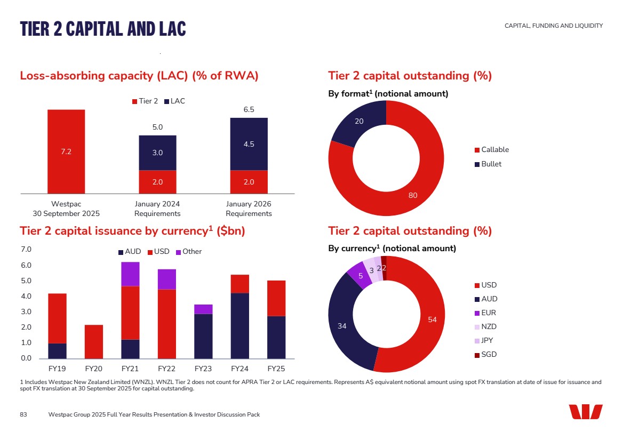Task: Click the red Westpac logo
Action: click(x=585, y=412)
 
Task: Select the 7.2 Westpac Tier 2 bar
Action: click(x=66, y=151)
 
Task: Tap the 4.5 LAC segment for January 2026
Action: click(x=249, y=144)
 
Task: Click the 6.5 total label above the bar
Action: click(x=249, y=110)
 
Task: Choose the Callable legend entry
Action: click(x=491, y=150)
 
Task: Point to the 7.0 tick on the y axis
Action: click(x=26, y=250)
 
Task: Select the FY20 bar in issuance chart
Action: click(x=94, y=341)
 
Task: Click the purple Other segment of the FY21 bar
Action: click(x=130, y=274)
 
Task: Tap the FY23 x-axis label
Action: click(x=203, y=369)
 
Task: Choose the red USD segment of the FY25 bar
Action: click(x=276, y=298)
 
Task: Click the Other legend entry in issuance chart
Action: click(x=189, y=252)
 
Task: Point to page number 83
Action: click(x=23, y=414)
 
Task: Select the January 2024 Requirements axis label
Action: click(x=157, y=209)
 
